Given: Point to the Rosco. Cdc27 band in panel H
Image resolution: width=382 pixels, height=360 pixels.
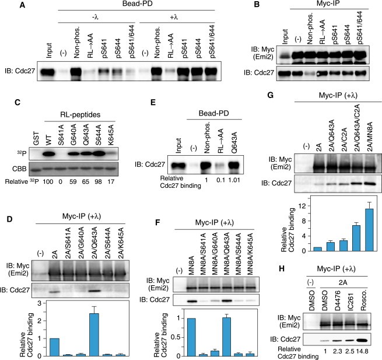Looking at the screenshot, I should [366, 338].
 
